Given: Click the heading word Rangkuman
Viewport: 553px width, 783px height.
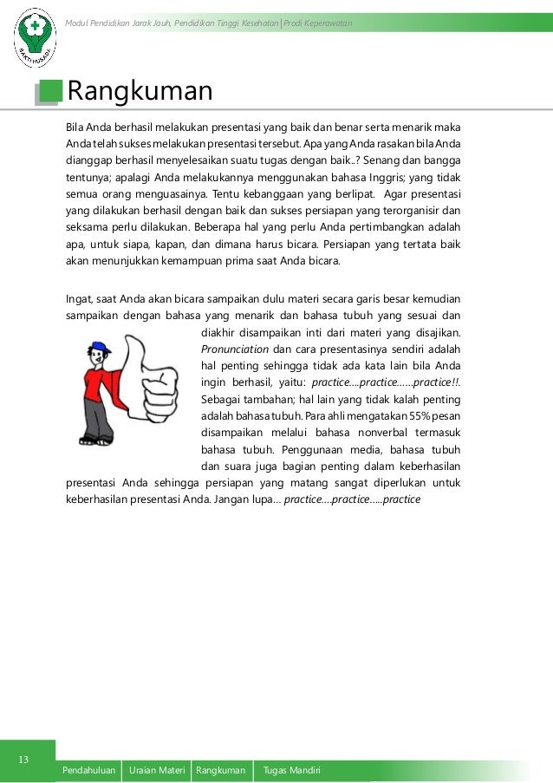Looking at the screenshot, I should (140, 90).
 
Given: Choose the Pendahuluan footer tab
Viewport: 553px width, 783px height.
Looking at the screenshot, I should (89, 770).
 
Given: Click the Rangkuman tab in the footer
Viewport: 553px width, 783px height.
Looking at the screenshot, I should (221, 770).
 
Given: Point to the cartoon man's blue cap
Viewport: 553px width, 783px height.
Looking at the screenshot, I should (98, 348).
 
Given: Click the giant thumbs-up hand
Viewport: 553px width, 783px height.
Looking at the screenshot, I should (151, 382).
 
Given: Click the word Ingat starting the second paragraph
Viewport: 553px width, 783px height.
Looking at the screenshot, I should (80, 300).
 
